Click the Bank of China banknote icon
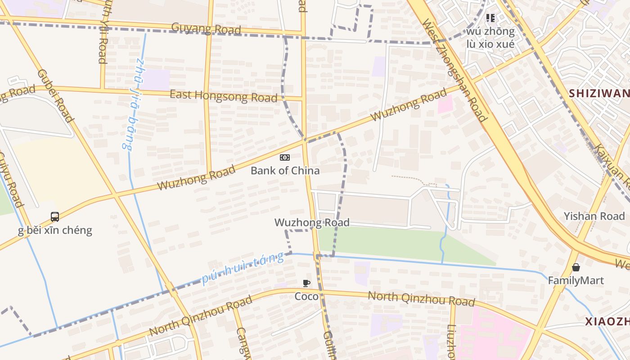(x=285, y=157)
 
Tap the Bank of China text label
(x=285, y=171)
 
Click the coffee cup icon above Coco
(x=306, y=283)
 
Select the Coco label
(x=306, y=297)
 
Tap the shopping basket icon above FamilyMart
(x=576, y=267)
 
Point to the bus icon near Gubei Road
(x=55, y=217)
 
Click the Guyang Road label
(x=207, y=28)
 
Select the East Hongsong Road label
(x=223, y=96)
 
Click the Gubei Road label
(x=55, y=96)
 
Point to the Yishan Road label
(x=594, y=216)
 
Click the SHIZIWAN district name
(x=598, y=94)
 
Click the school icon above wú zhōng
(x=490, y=18)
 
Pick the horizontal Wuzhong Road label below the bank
(x=312, y=223)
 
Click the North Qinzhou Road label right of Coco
(x=421, y=298)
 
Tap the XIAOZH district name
(x=607, y=321)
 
